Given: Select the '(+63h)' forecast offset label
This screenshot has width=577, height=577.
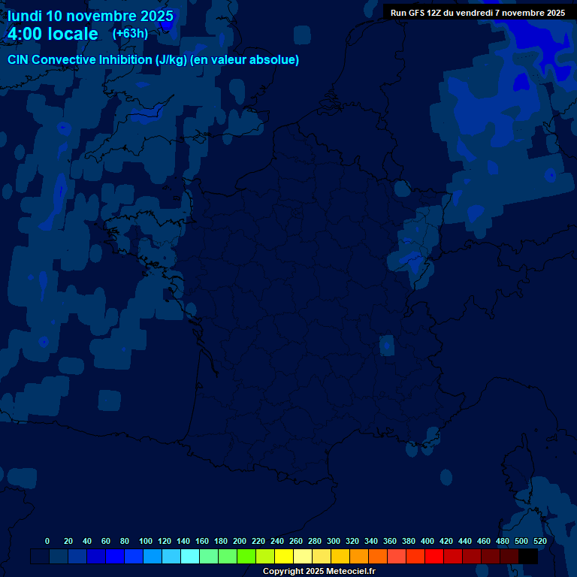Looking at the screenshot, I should pyautogui.click(x=130, y=34).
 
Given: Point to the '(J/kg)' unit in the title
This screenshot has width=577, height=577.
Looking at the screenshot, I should pyautogui.click(x=173, y=60).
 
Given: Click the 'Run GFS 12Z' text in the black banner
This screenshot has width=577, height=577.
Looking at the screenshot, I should pyautogui.click(x=415, y=13).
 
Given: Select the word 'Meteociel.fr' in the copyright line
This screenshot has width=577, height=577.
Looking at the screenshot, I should pyautogui.click(x=351, y=572).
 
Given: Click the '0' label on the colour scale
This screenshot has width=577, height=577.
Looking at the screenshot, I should pyautogui.click(x=47, y=541).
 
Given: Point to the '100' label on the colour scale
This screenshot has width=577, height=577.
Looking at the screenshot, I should pyautogui.click(x=146, y=541).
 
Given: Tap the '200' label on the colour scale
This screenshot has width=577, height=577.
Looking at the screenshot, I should pyautogui.click(x=240, y=541).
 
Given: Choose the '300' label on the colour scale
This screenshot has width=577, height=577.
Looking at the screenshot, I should pyautogui.click(x=334, y=541).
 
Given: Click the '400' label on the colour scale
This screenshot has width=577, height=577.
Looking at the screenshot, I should pyautogui.click(x=427, y=541).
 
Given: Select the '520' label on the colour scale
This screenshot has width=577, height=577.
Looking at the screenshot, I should pyautogui.click(x=539, y=541).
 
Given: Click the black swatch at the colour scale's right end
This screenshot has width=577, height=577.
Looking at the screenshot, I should pyautogui.click(x=528, y=557).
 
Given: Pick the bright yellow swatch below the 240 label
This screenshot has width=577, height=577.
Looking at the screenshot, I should pyautogui.click(x=284, y=557).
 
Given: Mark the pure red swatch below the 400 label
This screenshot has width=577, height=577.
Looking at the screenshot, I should pyautogui.click(x=434, y=557).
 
